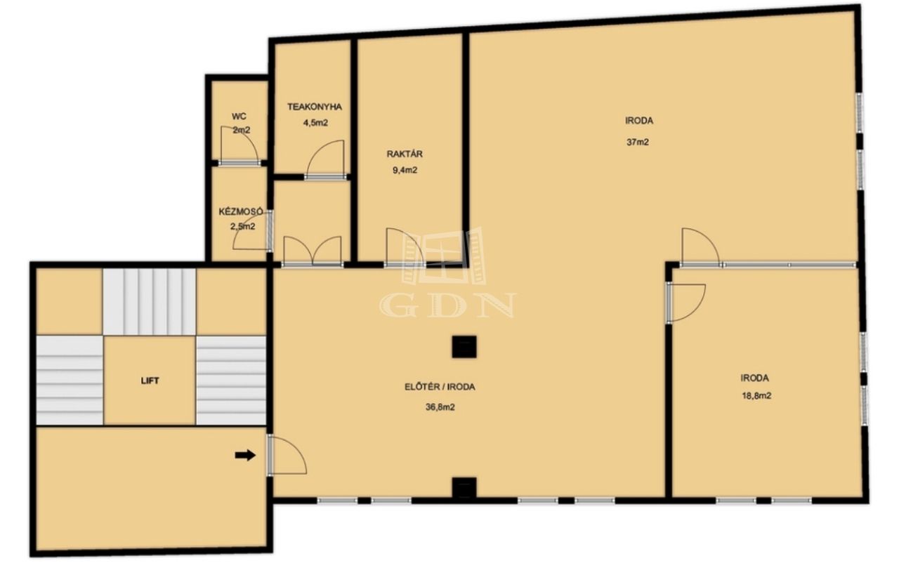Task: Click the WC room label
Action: [239, 117]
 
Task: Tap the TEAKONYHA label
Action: [314, 107]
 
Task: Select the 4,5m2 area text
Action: [315, 123]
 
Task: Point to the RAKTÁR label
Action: [405, 154]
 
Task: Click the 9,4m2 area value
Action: [405, 170]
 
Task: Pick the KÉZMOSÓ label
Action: [241, 211]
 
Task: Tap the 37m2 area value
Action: [638, 142]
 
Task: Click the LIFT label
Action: [150, 381]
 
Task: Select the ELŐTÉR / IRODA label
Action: [440, 387]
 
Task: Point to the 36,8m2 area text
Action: [440, 407]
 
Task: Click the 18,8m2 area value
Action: [756, 396]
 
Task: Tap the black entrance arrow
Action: [245, 455]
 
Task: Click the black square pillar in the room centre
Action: [464, 347]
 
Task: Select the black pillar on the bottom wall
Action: [464, 488]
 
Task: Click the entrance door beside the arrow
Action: [287, 456]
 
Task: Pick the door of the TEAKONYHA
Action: [325, 159]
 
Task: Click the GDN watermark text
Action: [448, 305]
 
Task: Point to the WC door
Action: [239, 145]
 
